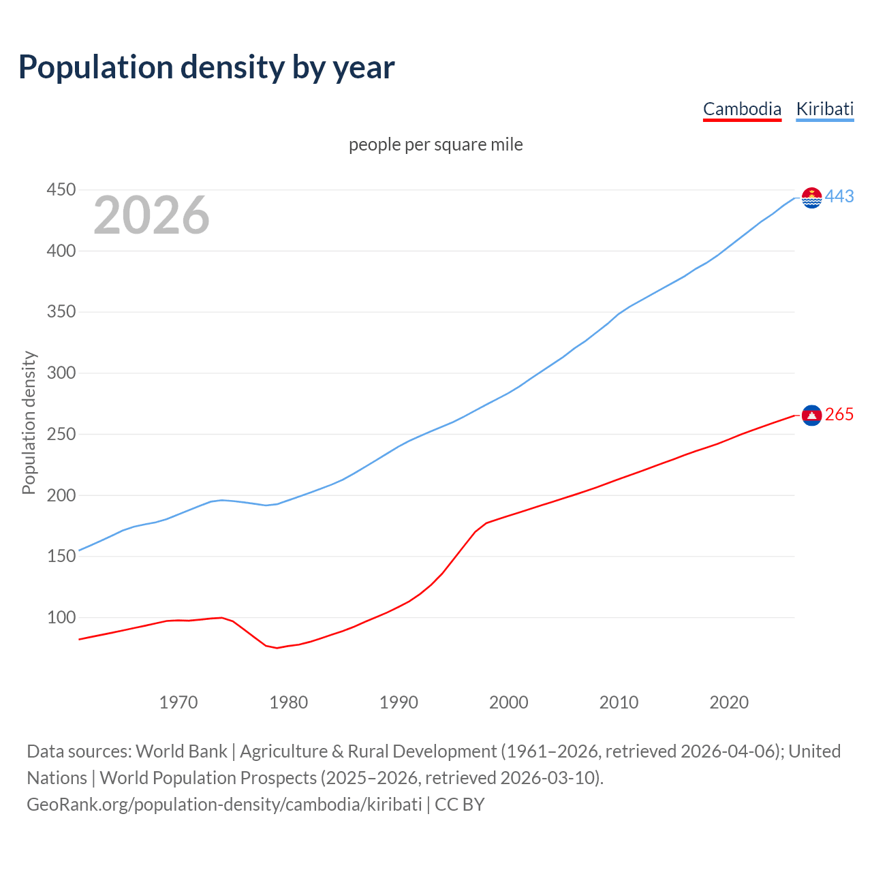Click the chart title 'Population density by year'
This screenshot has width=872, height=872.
tap(206, 67)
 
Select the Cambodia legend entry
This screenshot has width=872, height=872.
tap(742, 109)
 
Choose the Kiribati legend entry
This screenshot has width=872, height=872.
tap(824, 109)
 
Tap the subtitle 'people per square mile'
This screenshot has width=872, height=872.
tap(436, 144)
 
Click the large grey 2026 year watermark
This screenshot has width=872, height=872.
tap(151, 215)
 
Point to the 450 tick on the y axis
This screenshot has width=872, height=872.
tap(61, 189)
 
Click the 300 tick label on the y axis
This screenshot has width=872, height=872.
tap(61, 373)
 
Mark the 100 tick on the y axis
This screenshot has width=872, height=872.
tap(61, 617)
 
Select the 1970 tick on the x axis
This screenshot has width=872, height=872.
tap(178, 702)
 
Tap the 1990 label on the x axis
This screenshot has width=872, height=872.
tap(399, 702)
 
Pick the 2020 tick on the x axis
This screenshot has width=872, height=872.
tap(729, 702)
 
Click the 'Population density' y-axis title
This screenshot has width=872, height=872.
tap(29, 422)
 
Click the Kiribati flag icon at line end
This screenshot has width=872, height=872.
tap(812, 198)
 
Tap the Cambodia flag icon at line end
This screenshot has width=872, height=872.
tap(812, 415)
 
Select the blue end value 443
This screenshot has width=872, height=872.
tap(839, 197)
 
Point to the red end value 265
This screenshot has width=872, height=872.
tap(839, 415)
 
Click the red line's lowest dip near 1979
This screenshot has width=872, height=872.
tap(277, 648)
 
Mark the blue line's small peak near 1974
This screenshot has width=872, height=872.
tap(222, 500)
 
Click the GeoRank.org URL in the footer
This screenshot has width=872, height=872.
tap(224, 805)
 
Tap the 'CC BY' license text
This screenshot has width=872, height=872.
tap(460, 805)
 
